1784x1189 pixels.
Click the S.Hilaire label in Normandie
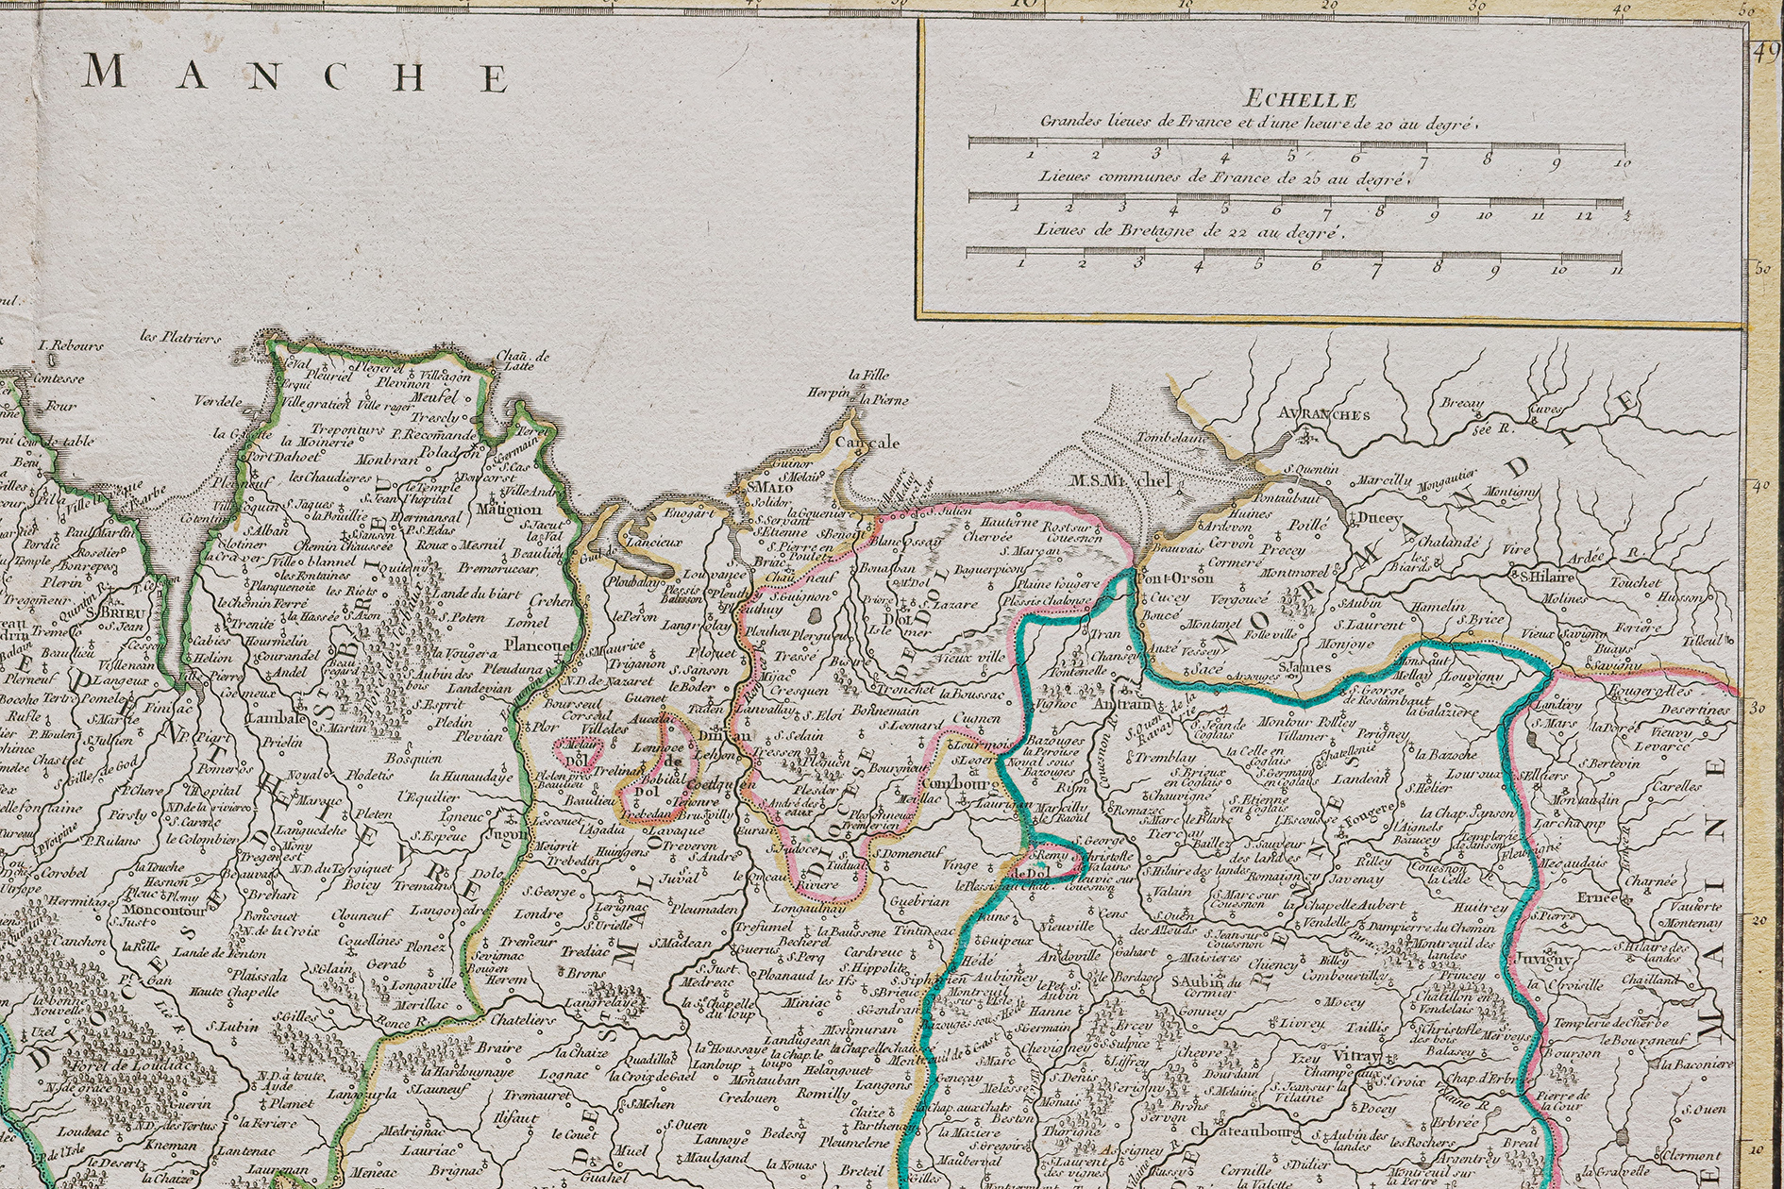(x=1548, y=577)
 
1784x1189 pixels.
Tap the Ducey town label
(x=1379, y=518)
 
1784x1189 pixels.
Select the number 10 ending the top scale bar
(x=1622, y=163)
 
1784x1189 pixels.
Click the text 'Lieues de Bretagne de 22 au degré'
(x=1188, y=230)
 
